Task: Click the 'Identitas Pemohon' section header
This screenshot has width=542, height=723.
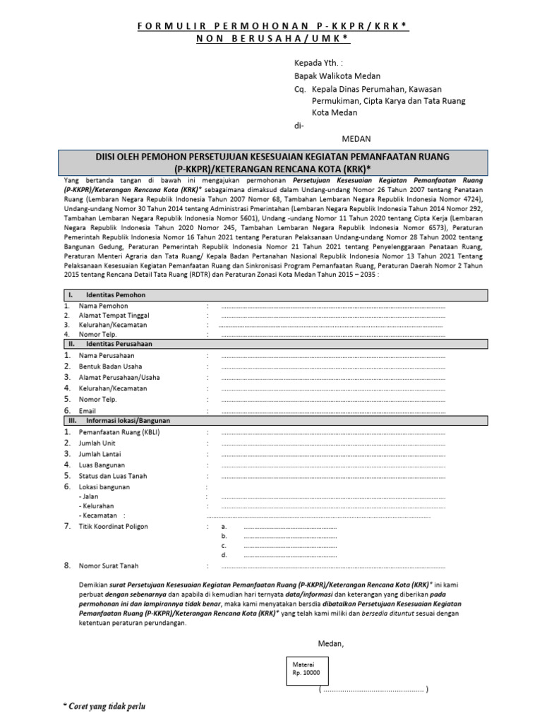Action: (x=116, y=294)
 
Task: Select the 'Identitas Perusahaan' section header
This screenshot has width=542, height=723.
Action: (x=119, y=344)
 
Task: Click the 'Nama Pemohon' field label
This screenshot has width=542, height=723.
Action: (x=103, y=306)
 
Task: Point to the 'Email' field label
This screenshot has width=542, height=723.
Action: (x=87, y=410)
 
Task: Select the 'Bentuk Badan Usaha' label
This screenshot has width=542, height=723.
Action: (x=110, y=366)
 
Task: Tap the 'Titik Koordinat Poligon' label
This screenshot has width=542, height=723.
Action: (x=113, y=527)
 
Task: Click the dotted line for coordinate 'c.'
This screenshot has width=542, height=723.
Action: (x=289, y=546)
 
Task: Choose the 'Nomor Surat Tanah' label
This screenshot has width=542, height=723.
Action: (x=109, y=566)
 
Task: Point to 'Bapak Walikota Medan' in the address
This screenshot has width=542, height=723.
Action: (x=337, y=76)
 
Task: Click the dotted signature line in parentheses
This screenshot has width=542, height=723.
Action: (x=373, y=689)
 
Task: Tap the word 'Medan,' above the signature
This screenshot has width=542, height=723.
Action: (x=330, y=643)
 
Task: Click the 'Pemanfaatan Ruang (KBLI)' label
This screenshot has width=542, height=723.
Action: (x=119, y=431)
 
